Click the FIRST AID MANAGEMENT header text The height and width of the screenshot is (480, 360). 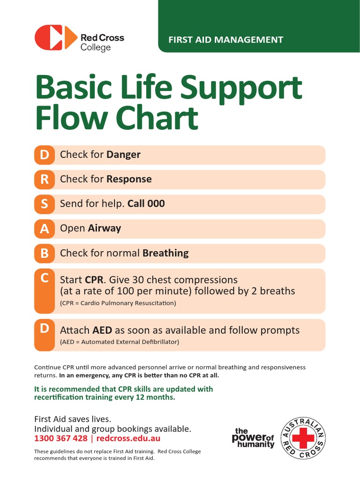click(x=226, y=40)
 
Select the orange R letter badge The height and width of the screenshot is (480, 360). click(x=45, y=180)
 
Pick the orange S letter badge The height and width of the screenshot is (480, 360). click(x=45, y=204)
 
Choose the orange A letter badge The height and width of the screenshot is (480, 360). click(x=45, y=229)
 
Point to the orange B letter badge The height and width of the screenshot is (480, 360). click(x=45, y=254)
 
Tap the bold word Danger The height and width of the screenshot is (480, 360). click(x=123, y=155)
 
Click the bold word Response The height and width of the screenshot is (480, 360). click(x=129, y=179)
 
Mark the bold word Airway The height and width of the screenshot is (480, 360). click(x=105, y=228)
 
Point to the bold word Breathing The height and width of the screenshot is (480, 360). click(x=165, y=253)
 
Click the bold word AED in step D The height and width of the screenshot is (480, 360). click(x=102, y=330)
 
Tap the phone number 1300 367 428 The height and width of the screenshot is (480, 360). click(x=61, y=438)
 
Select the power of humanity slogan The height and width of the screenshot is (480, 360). click(x=254, y=437)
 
